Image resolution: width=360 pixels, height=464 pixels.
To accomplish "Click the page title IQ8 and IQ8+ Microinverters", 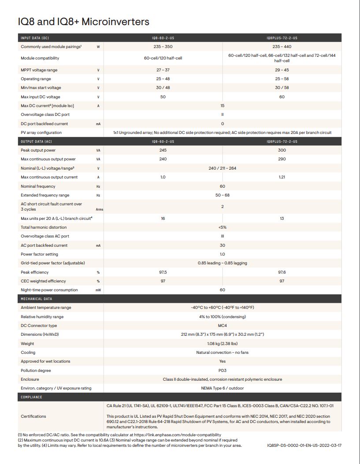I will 84,22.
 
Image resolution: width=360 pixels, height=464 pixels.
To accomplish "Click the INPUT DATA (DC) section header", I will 35,38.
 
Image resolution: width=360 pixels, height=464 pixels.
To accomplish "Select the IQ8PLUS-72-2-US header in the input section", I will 282,38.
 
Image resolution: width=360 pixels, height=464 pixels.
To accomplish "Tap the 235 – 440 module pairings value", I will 282,47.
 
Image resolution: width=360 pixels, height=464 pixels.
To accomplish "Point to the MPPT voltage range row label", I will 39,70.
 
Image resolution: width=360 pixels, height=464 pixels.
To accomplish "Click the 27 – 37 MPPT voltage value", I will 163,70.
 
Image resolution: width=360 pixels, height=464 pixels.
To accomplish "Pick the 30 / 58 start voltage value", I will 282,88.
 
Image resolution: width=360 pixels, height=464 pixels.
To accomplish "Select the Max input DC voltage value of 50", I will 163,97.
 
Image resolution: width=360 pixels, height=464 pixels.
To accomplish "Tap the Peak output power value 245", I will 163,150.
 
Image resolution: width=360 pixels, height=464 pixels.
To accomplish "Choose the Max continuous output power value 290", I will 282,159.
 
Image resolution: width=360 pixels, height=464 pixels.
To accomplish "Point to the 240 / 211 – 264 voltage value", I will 222,168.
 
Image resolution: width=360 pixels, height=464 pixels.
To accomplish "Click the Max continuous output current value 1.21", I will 282,177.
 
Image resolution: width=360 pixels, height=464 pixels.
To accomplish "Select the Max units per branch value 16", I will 163,219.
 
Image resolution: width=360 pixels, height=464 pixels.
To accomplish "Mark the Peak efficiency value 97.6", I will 282,272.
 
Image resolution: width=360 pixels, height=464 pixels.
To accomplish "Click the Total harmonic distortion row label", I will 44,227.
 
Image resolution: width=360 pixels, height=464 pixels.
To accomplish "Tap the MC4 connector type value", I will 222,326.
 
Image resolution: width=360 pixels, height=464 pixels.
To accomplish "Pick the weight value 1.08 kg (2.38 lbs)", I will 222,344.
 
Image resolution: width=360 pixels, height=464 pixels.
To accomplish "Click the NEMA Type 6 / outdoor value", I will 222,388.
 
